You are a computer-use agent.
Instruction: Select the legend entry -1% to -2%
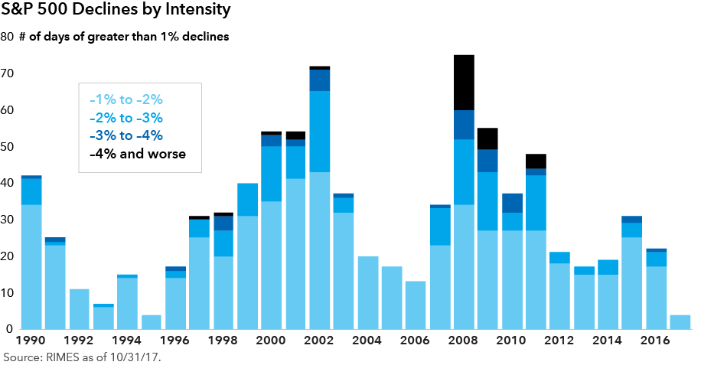(126, 99)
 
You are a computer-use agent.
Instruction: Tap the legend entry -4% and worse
(137, 154)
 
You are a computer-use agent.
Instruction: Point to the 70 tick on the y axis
(10, 73)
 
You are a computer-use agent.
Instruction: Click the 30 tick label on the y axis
(10, 220)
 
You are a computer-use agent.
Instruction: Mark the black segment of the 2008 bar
(464, 83)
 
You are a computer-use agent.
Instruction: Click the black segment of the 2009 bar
(487, 139)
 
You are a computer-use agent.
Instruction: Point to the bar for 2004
(367, 293)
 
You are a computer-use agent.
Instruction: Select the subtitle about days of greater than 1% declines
(123, 37)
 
